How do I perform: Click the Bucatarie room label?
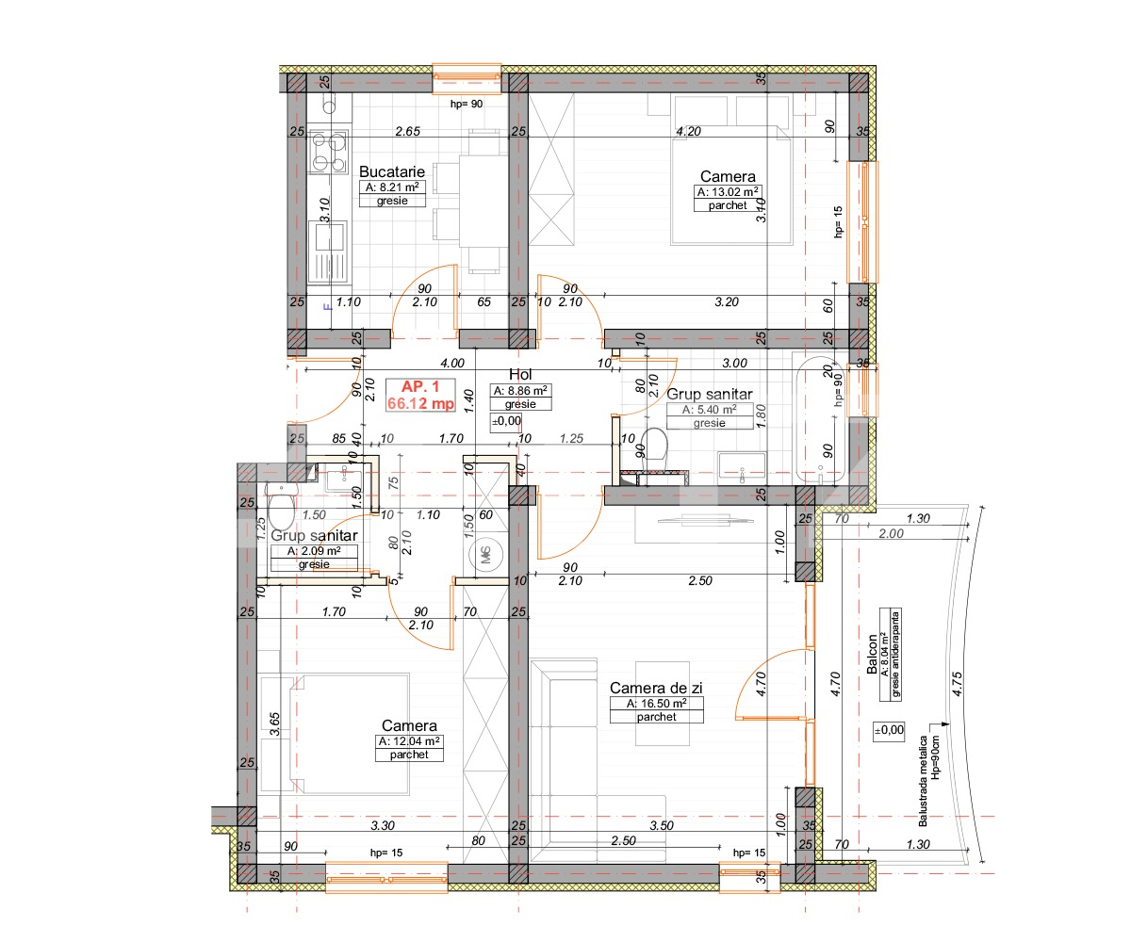392,172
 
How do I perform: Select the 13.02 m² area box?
728,191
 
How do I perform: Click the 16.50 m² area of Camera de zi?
656,704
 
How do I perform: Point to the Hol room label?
521,374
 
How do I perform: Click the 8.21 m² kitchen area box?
392,187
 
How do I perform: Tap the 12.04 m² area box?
409,741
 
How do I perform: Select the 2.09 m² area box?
314,551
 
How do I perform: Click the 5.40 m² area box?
702,410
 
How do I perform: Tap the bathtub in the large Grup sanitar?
815,419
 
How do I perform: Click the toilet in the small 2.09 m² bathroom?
280,510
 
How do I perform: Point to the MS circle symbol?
486,555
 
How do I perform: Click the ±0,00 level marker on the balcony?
889,729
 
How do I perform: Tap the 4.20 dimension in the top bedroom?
689,132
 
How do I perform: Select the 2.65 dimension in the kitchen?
407,131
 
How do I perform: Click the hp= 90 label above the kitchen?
467,104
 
